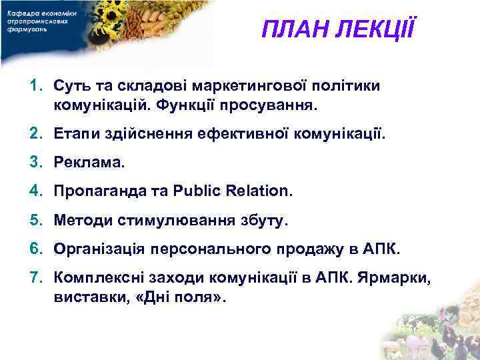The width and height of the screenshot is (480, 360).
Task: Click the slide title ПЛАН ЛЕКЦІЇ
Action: [x=338, y=29]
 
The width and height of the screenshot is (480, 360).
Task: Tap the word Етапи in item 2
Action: [x=77, y=135]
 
